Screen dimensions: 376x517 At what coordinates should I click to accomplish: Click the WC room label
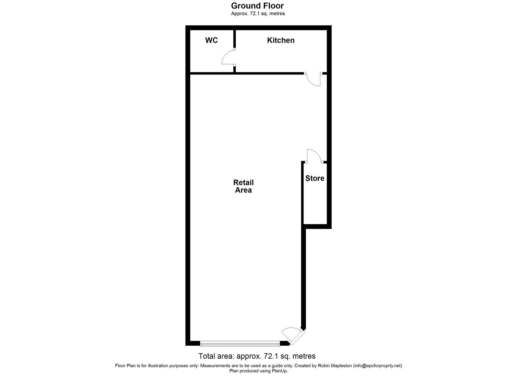click(211, 40)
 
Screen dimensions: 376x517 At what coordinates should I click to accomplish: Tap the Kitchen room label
click(281, 40)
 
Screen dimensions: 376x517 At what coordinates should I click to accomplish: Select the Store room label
click(315, 178)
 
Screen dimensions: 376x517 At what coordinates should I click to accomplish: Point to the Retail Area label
click(243, 186)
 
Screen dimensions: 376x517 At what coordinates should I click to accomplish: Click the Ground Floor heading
click(258, 6)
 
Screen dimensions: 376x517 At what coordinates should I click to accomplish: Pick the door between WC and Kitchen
click(229, 57)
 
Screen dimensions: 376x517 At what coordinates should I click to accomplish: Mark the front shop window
click(240, 344)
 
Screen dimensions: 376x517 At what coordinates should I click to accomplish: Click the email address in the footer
click(377, 366)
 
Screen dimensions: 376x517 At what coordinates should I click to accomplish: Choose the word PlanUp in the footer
click(280, 371)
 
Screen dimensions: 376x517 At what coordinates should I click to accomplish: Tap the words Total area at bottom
click(217, 356)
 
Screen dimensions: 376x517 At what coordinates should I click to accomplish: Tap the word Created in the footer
click(302, 366)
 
